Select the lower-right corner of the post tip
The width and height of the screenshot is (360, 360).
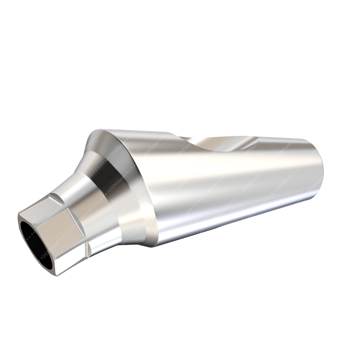tap(317, 194)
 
